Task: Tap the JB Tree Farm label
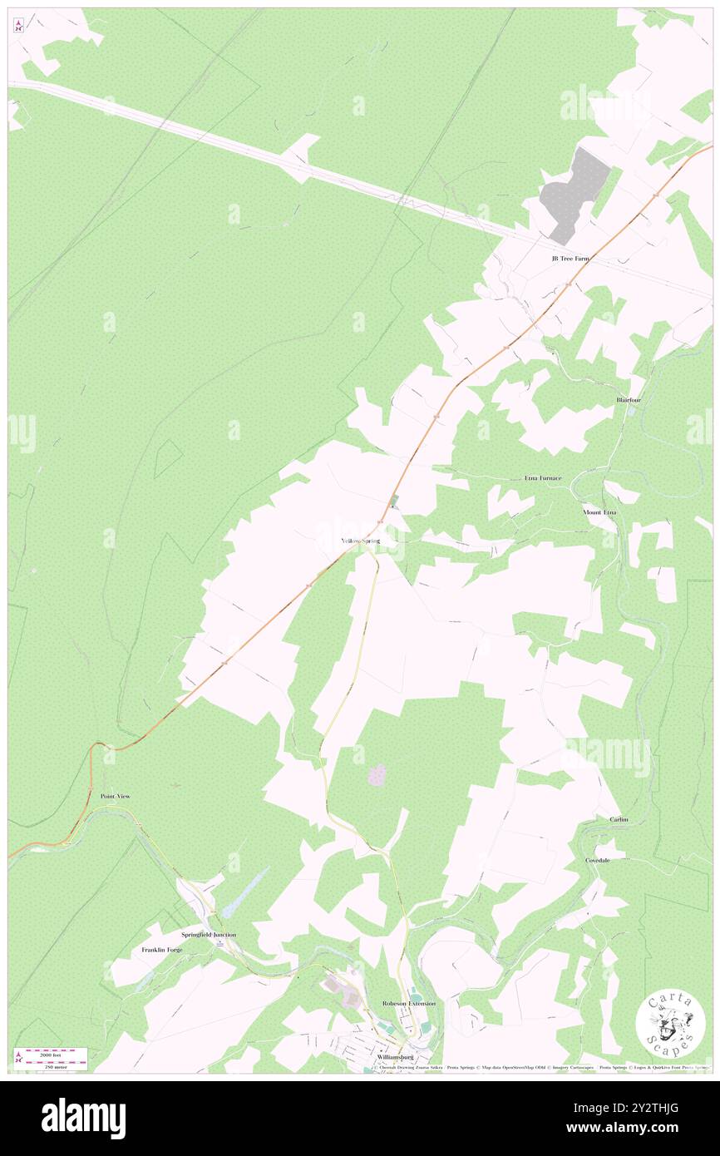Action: click(x=570, y=259)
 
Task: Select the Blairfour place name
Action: click(x=629, y=400)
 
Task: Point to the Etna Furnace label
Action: click(x=543, y=478)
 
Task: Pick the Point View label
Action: click(x=116, y=796)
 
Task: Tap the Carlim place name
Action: click(x=619, y=819)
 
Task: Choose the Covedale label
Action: click(x=598, y=860)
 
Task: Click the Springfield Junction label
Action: click(x=209, y=935)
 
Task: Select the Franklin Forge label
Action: click(x=161, y=950)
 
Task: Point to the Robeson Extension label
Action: click(x=409, y=1004)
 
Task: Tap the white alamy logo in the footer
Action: click(x=83, y=1118)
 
